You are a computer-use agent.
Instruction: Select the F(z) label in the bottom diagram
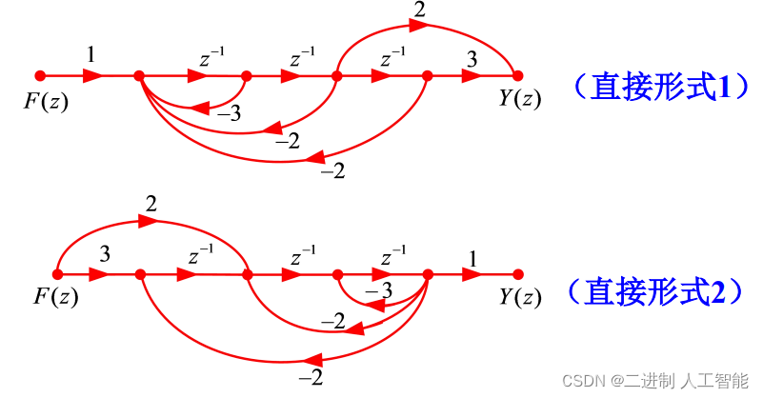(x=55, y=297)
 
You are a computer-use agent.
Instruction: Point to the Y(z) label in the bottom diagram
(x=520, y=297)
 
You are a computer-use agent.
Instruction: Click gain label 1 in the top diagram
(x=90, y=56)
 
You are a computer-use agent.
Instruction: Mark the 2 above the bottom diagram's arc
(x=151, y=204)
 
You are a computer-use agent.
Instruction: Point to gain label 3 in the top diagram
(x=472, y=58)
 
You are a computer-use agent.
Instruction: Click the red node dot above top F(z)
(x=40, y=75)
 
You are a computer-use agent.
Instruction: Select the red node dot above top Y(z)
(x=518, y=75)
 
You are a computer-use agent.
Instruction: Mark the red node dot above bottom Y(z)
(x=518, y=275)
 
